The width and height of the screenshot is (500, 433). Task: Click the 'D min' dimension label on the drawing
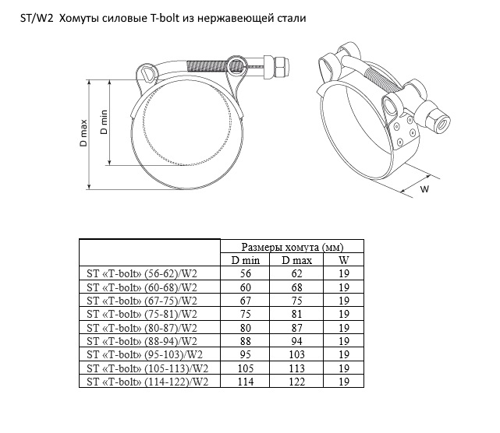(103, 122)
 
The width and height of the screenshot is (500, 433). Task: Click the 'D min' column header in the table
(245, 260)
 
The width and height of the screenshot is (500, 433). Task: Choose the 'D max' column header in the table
(296, 260)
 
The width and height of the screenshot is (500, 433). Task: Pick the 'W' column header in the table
(344, 260)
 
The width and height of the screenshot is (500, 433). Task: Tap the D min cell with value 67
(245, 300)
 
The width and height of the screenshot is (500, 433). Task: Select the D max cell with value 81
(296, 313)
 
